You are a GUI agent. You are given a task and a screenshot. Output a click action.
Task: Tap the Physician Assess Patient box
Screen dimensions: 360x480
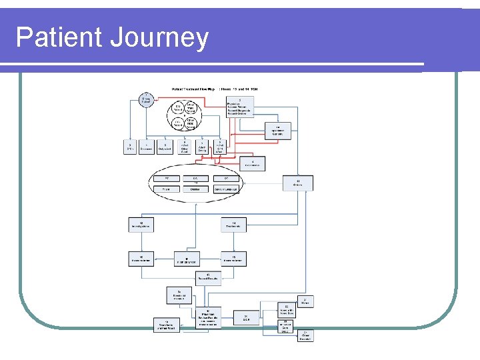coord(239,106)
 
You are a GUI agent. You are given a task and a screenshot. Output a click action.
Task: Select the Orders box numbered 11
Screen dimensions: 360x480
coord(297,183)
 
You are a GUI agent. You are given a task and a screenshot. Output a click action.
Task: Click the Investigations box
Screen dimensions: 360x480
coord(141,225)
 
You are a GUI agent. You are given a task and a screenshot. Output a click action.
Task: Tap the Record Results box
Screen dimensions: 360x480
coord(208,278)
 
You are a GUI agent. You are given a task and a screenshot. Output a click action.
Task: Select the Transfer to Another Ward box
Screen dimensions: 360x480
coord(166,325)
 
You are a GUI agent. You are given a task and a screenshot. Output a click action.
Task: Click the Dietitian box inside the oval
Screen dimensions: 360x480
coord(195,189)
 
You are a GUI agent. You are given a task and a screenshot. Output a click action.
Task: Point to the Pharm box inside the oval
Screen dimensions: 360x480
coord(167,189)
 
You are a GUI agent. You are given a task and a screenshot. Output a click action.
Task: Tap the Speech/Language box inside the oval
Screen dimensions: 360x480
coord(227,189)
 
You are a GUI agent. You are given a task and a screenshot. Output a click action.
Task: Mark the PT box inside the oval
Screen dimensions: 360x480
coord(167,178)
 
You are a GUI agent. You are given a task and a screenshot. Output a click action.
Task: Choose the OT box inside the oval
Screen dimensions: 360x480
coord(226,178)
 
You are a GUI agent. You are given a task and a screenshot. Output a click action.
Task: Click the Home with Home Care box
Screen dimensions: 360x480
coord(286,309)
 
